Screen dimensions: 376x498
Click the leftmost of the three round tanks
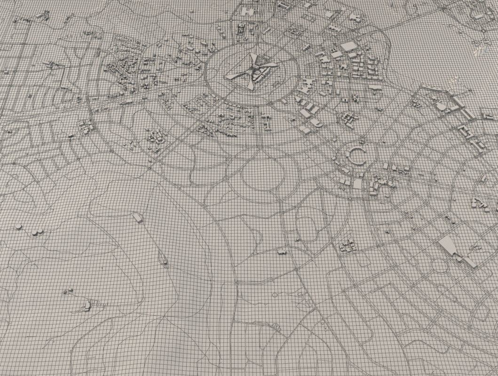19,227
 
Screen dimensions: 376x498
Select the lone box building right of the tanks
137,217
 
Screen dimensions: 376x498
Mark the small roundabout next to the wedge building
440,266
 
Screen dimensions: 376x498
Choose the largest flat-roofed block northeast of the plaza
349,46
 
